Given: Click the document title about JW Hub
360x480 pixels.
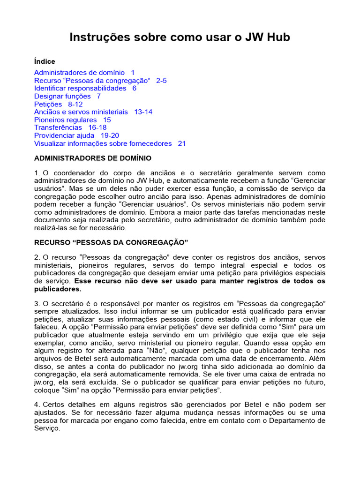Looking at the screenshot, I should tap(180, 37).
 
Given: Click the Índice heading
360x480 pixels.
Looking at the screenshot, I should tap(45, 61).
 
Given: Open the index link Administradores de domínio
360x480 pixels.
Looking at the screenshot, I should tap(79, 73).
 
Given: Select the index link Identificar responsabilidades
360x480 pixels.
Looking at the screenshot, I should tap(80, 88).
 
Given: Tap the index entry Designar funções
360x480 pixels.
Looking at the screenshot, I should tap(62, 96).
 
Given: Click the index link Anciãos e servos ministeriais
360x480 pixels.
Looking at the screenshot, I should tap(81, 112).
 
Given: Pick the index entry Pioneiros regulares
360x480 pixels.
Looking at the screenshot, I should tap(65, 120).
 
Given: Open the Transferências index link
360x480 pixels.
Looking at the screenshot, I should tap(58, 127).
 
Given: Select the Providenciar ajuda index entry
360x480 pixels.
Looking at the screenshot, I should tap(64, 135).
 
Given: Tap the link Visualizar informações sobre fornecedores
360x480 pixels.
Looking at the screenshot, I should tap(103, 143).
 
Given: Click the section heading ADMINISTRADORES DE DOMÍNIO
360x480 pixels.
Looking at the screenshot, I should tap(93, 158).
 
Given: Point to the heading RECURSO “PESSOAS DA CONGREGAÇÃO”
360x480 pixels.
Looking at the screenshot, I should tap(111, 242).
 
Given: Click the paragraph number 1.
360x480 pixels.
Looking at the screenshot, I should tap(36, 173).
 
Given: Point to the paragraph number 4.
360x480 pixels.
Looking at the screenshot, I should tap(36, 405).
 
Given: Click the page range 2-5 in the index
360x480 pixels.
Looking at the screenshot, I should tap(161, 81).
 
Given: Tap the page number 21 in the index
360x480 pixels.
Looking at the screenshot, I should tap(182, 143).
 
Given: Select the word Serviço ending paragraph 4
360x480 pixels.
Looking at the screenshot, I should tap(47, 428).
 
